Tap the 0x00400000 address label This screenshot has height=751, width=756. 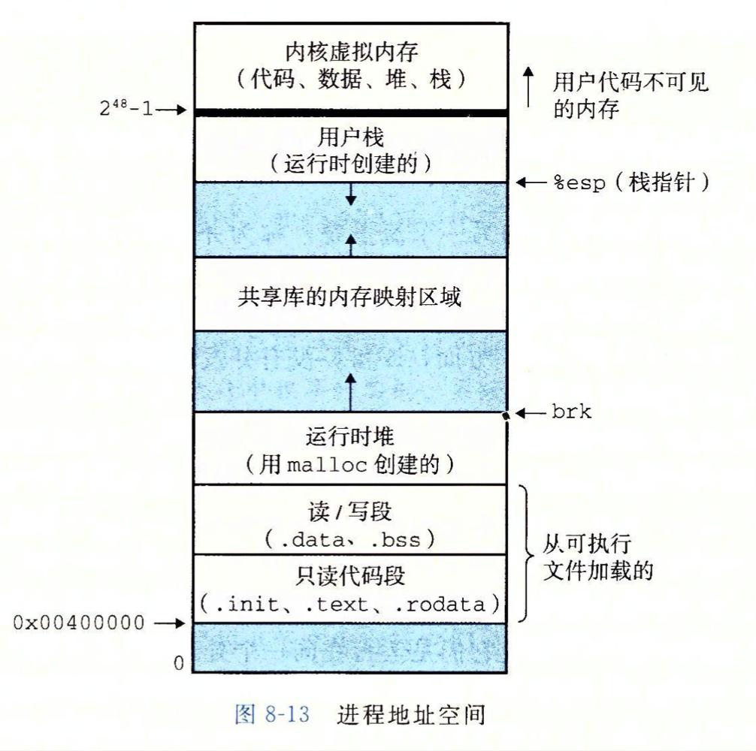tap(79, 623)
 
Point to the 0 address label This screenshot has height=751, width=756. tap(178, 662)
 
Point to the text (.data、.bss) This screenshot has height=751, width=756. tap(351, 538)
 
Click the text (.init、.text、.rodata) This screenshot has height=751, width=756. tap(351, 604)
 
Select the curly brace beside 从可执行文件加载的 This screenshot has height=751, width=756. tap(525, 553)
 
